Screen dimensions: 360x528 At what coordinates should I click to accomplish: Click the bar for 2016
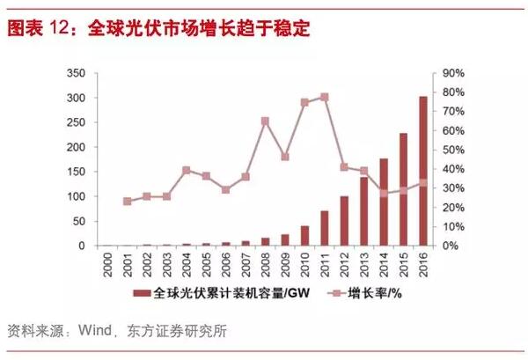(x=423, y=171)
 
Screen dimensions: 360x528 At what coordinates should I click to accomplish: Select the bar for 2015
(x=403, y=189)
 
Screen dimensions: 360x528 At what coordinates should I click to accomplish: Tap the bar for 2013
(x=364, y=211)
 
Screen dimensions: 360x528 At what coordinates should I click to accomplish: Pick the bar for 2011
(x=325, y=228)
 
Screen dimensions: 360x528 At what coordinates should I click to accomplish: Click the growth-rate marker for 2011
(x=325, y=97)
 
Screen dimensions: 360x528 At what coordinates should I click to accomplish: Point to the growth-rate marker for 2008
(x=265, y=121)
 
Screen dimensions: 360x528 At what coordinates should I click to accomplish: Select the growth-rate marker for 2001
(x=128, y=202)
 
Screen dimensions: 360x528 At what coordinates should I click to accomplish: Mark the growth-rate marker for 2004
(x=187, y=170)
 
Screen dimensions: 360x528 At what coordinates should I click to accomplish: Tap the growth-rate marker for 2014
(x=384, y=194)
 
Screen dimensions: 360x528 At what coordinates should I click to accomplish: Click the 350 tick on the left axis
(x=78, y=73)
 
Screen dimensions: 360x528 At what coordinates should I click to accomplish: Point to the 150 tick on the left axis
(x=78, y=172)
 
